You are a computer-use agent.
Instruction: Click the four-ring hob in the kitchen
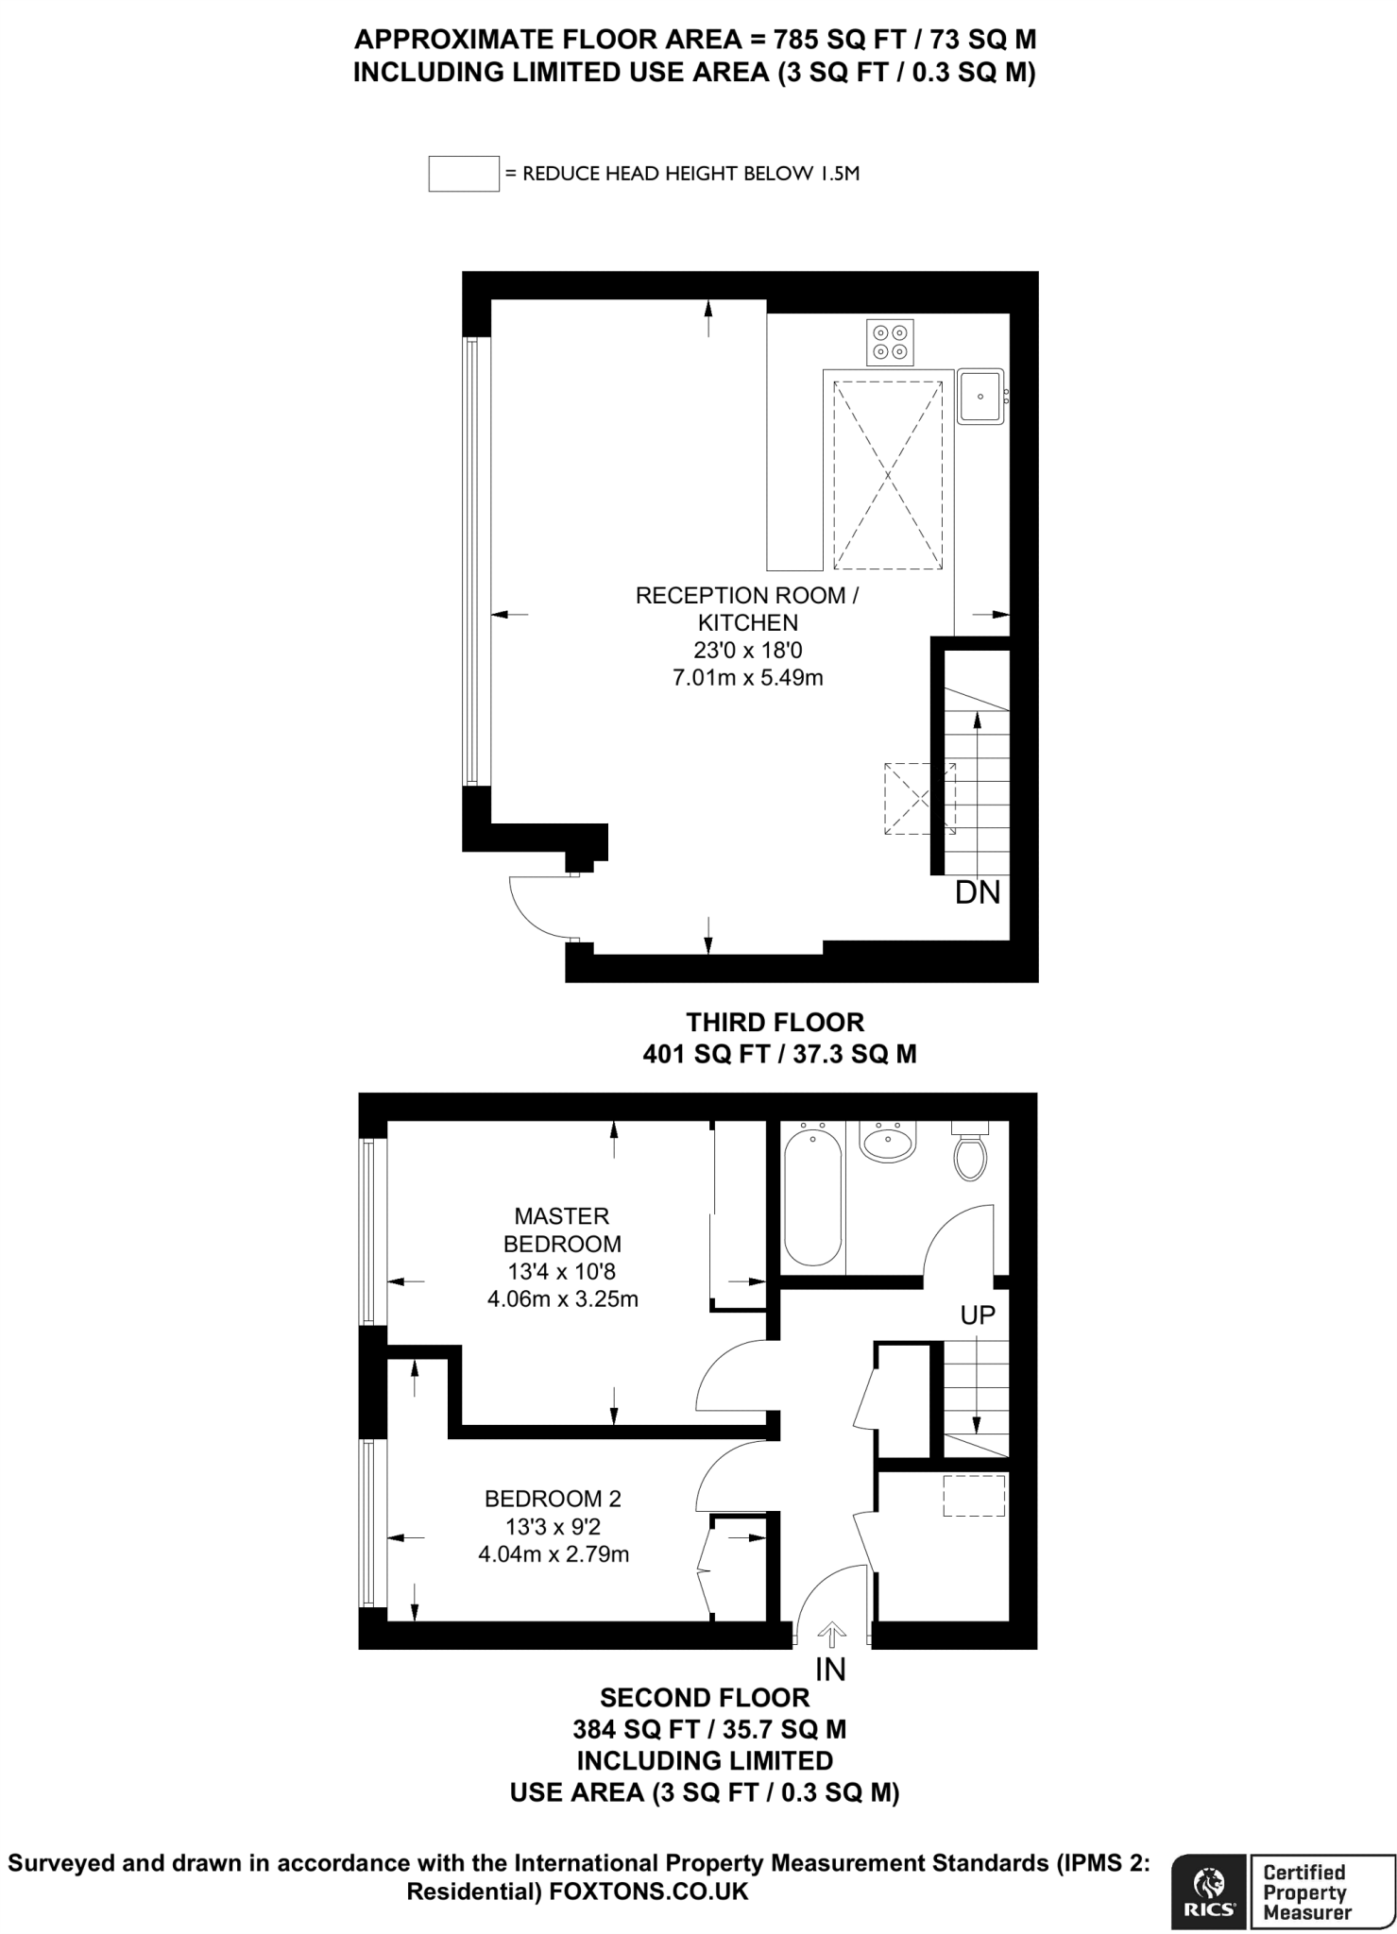(x=890, y=342)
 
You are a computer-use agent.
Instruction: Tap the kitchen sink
(x=980, y=397)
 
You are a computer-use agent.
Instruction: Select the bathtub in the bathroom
(x=812, y=1196)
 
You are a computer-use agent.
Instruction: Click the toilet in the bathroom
(x=970, y=1153)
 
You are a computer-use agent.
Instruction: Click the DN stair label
(x=978, y=892)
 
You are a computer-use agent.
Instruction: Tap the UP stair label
(x=978, y=1315)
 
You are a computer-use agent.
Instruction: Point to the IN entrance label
(x=830, y=1670)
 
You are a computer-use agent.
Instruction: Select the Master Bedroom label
(x=562, y=1230)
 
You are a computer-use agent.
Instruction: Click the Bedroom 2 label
(x=553, y=1498)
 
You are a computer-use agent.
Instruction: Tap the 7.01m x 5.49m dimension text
(x=747, y=677)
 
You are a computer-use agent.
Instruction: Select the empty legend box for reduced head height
(x=463, y=174)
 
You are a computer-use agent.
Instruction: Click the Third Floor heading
(x=775, y=1022)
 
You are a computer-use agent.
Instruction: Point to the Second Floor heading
(x=705, y=1697)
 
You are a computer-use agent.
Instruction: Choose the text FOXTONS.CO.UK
(x=649, y=1892)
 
